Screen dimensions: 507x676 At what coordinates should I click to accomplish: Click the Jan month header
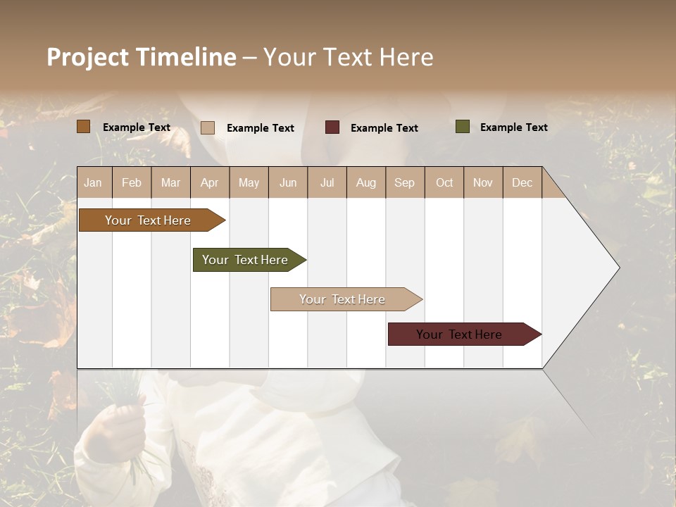coord(93,183)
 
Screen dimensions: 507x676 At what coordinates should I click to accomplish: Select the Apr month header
coord(210,183)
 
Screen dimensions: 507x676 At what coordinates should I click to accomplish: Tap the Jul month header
coord(327,183)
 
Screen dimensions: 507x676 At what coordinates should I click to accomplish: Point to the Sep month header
coord(404,183)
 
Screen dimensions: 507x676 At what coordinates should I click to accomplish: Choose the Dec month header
coord(522,183)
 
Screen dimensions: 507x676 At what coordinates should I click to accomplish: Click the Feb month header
coord(132,183)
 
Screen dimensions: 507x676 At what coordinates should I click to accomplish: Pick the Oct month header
coord(444,183)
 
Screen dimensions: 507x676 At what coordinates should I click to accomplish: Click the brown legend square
coord(83,127)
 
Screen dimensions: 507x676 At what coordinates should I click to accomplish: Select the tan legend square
coord(207,127)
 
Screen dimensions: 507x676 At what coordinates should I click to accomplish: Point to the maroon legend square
coord(332,127)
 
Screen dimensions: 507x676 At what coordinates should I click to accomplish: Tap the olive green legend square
coord(462,127)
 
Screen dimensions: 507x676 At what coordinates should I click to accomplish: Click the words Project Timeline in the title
coord(141,57)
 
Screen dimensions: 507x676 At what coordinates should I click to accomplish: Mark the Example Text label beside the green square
coord(513,127)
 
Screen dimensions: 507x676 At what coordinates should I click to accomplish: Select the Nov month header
coord(483,183)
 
